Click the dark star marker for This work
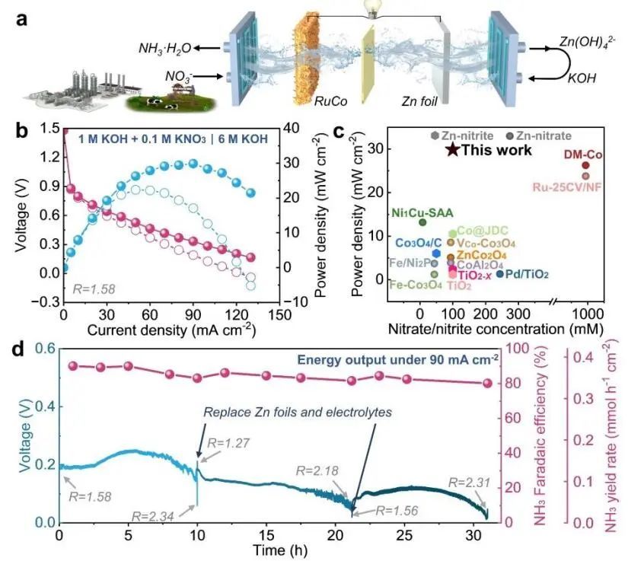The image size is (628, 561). click(x=451, y=150)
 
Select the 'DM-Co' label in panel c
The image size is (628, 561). click(x=583, y=155)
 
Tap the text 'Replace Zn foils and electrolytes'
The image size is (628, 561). click(x=297, y=411)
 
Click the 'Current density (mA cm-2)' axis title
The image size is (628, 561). click(x=171, y=331)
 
